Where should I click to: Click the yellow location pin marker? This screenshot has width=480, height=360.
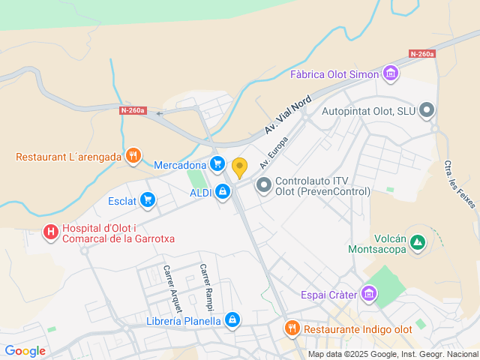click(x=239, y=167)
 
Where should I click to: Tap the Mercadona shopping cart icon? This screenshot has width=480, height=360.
click(x=217, y=163)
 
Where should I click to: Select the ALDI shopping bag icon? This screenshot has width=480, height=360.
click(x=223, y=192)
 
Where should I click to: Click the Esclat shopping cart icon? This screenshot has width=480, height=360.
click(x=148, y=199)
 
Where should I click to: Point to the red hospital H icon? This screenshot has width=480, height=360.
click(x=51, y=232)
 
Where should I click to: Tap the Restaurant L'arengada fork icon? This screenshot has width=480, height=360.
click(x=133, y=156)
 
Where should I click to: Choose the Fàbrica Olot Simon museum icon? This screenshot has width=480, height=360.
click(x=390, y=73)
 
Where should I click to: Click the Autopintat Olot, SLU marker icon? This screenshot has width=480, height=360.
click(x=427, y=111)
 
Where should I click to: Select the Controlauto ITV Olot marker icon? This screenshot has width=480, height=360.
click(x=264, y=184)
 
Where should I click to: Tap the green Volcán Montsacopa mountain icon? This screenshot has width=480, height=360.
click(x=418, y=242)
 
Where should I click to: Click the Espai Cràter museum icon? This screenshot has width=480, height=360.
click(x=368, y=293)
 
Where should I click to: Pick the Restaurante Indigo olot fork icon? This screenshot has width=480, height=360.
click(x=292, y=328)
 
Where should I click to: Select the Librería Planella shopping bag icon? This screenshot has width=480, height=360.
click(x=232, y=320)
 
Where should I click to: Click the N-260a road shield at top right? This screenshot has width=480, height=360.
click(x=422, y=54)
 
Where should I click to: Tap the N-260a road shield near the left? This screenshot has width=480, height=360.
click(x=133, y=110)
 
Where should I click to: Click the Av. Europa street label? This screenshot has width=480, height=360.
click(x=274, y=152)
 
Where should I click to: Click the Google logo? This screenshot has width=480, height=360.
click(x=25, y=350)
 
